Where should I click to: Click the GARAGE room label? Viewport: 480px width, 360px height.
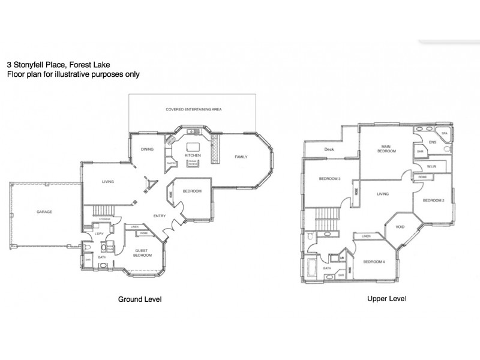[44, 212]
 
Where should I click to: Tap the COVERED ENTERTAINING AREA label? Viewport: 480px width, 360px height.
[194, 110]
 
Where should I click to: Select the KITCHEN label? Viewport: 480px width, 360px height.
[193, 155]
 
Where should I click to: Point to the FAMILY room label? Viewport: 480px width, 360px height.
[241, 157]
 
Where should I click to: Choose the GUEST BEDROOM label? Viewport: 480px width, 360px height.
[142, 253]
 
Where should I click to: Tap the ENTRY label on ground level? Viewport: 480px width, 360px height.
[160, 216]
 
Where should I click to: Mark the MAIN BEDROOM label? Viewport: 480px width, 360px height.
[386, 149]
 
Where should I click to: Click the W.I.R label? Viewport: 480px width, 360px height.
[431, 166]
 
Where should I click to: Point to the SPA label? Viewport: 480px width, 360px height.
[445, 133]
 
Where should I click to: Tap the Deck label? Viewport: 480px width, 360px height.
[329, 149]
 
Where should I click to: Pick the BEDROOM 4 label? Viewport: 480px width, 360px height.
[374, 261]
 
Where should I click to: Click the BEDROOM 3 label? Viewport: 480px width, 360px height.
[329, 179]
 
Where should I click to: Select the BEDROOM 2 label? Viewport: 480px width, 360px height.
[433, 200]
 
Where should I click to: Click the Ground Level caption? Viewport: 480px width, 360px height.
[140, 298]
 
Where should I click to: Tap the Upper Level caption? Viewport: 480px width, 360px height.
[387, 298]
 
